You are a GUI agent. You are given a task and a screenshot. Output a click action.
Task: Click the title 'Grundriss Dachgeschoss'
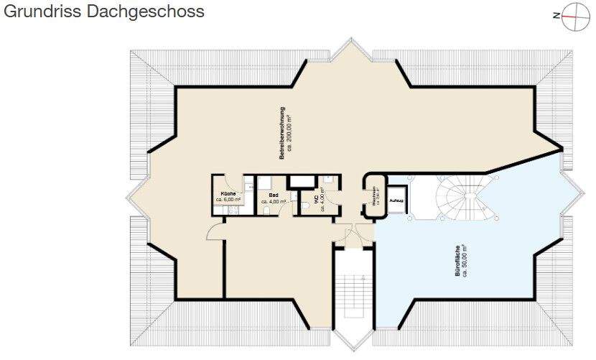pos(103,12)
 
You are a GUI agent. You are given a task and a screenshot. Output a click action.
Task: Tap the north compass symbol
pos(572,16)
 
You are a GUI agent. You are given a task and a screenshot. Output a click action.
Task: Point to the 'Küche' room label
pos(228,194)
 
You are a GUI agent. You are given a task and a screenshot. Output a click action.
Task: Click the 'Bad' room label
pos(273,195)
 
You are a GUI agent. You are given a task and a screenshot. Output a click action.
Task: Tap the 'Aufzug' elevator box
pos(396,200)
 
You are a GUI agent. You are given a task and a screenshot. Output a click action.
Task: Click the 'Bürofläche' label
pos(457,263)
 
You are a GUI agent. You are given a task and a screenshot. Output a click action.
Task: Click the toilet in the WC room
pos(307,206)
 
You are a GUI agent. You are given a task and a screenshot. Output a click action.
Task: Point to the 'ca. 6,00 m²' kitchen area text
pos(228,201)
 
